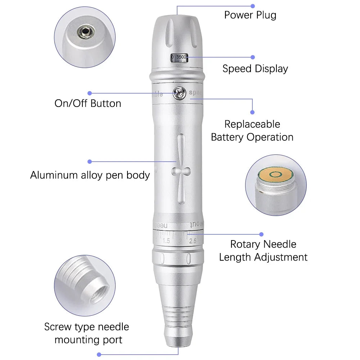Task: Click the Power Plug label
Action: coord(250,15)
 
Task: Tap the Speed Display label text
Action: coord(255,69)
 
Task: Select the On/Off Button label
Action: coord(88,103)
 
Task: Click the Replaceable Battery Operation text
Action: coord(252,131)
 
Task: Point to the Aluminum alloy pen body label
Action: coord(90,175)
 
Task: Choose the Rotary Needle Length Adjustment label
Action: coord(263,251)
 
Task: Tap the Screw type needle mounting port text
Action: coord(87,333)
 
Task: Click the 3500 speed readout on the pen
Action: coord(181,57)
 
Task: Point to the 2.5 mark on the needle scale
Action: coord(193,241)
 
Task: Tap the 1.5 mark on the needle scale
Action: coord(166,241)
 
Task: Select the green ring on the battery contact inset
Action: coord(276,175)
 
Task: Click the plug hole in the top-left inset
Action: coord(85,32)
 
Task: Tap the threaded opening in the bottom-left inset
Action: coord(100,288)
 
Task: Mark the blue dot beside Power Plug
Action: coord(253,6)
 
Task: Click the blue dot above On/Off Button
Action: coord(90,93)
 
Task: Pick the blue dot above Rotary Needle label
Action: coord(261,234)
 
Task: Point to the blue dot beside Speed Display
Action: coord(253,57)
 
